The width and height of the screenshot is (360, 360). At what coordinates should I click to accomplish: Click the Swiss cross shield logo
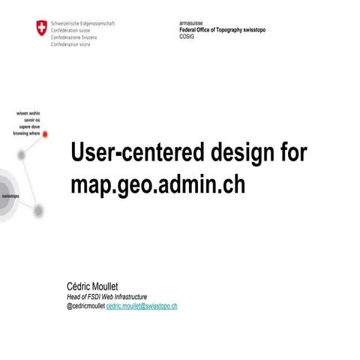coord(40,28)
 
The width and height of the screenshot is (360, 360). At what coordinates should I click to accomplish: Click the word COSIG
coord(186,36)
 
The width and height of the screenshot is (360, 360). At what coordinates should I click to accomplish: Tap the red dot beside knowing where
coord(45,133)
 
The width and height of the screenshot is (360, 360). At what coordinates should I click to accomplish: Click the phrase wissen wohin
coord(28,113)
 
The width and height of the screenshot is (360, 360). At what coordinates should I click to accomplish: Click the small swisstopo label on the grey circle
coord(10,196)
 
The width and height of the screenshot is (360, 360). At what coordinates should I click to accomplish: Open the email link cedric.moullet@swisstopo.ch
coord(142,306)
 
